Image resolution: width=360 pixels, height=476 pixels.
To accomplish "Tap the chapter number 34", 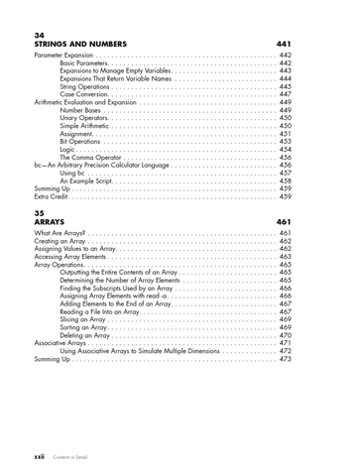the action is [x=40, y=35].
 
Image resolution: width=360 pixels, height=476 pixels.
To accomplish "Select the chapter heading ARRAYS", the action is [x=50, y=221].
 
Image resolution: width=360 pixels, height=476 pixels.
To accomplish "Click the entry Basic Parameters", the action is [x=84, y=63].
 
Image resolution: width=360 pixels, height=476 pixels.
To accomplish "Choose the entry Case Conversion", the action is [x=83, y=93].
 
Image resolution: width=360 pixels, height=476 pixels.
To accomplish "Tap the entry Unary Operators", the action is [x=83, y=118].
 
